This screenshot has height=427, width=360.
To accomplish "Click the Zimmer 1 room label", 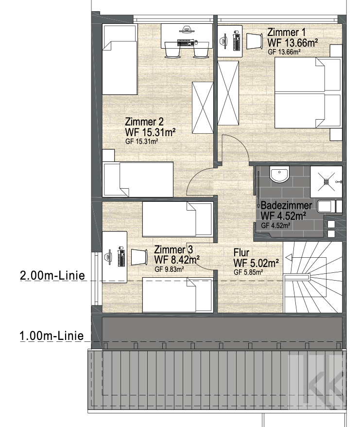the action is (286, 33).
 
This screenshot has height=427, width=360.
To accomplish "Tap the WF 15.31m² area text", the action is (150, 132).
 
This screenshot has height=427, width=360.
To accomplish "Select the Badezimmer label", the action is (286, 205).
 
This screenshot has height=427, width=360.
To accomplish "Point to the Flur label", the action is (241, 253).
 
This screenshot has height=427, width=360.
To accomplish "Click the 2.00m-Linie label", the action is (52, 276).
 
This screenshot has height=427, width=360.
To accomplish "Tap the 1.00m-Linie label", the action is (51, 336).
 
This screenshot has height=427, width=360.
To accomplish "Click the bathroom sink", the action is (279, 175).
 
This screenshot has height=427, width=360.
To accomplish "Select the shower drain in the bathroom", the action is (326, 181).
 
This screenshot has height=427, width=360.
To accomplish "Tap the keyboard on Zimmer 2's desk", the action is (186, 42).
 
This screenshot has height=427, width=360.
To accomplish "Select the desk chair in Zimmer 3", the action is (139, 257).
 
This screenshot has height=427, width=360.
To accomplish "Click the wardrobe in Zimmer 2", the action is (203, 108).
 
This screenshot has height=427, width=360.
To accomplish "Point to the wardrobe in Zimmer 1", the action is (228, 93).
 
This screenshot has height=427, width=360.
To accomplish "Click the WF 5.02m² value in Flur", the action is (256, 263).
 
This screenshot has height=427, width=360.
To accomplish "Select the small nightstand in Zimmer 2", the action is (108, 156).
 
